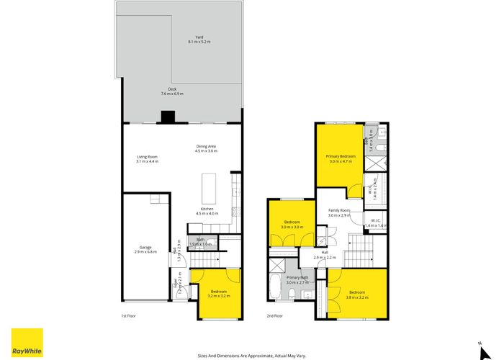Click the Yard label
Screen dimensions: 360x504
199,40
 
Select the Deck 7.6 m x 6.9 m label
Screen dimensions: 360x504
172,91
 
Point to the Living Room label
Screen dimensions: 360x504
147,159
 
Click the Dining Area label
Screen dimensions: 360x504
206,149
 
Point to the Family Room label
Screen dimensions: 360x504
338,213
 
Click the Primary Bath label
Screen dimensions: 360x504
297,280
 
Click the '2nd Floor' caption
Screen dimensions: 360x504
274,316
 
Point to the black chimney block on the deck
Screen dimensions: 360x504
168,117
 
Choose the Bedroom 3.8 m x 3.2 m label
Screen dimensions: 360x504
357,293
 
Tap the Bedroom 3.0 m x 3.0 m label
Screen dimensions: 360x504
292,225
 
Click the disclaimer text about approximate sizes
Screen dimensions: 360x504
251,354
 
